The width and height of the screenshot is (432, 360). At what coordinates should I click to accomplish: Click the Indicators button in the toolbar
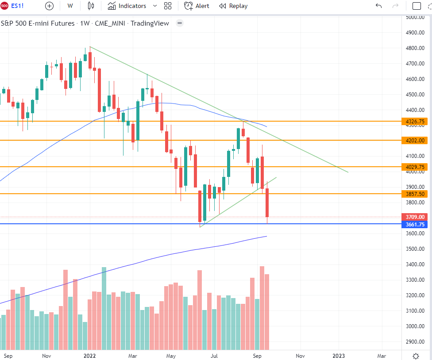127,6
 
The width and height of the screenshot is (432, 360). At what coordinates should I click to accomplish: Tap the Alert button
197,6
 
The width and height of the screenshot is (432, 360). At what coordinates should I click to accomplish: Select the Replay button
233,6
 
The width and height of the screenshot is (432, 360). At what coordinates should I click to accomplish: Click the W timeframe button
70,6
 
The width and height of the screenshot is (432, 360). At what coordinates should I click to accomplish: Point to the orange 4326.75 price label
415,121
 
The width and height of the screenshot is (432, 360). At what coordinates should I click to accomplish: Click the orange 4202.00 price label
415,140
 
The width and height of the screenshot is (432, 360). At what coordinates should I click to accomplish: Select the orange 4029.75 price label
415,167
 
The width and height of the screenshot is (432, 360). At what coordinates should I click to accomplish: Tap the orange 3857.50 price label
415,194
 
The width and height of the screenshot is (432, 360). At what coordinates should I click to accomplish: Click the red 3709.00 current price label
415,217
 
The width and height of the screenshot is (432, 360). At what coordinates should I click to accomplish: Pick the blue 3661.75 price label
415,224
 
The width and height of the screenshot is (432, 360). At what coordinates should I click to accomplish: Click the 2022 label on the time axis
90,355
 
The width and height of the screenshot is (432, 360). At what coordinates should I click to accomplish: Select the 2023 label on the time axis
339,355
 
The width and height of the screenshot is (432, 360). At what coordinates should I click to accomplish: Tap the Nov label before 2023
300,355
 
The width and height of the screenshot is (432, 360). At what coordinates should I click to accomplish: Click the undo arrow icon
378,6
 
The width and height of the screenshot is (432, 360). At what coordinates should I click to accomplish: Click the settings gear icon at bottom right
416,356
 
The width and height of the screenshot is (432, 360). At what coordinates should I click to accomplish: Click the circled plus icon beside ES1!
49,6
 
